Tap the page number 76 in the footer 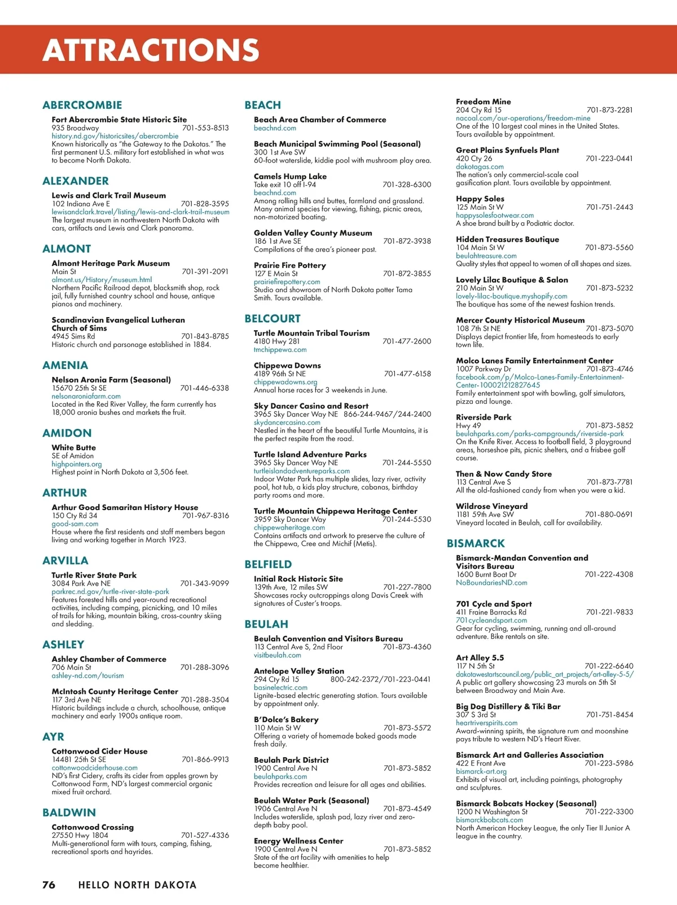pyautogui.click(x=49, y=885)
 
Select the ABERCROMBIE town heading pyautogui.click(x=82, y=105)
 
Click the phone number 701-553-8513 pyautogui.click(x=205, y=128)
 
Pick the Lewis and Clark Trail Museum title pyautogui.click(x=109, y=195)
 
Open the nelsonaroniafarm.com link pyautogui.click(x=86, y=396)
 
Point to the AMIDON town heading pyautogui.click(x=67, y=433)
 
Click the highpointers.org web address pyautogui.click(x=77, y=464)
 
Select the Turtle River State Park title pyautogui.click(x=94, y=575)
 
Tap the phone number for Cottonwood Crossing pyautogui.click(x=205, y=836)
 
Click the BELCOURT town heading pyautogui.click(x=272, y=318)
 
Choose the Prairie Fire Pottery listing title pyautogui.click(x=290, y=265)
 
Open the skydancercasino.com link pyautogui.click(x=287, y=422)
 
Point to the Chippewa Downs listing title pyautogui.click(x=287, y=366)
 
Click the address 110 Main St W pyautogui.click(x=277, y=728)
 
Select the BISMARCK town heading pyautogui.click(x=476, y=543)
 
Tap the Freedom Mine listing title pyautogui.click(x=483, y=102)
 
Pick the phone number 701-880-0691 pyautogui.click(x=609, y=515)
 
